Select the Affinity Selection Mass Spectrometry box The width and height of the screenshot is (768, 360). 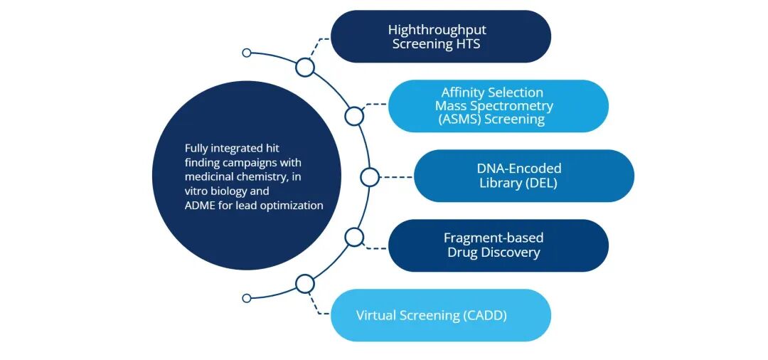(x=498, y=106)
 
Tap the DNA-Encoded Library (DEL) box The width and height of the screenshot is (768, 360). (x=523, y=176)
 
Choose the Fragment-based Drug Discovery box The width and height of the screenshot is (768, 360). (x=498, y=245)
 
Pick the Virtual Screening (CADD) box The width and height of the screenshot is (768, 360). (x=441, y=315)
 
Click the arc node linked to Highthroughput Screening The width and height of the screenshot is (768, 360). (x=305, y=68)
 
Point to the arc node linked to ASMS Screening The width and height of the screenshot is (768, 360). (x=354, y=116)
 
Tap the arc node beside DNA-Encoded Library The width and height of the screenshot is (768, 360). (x=370, y=177)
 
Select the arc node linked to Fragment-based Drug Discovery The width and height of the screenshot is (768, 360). (x=354, y=237)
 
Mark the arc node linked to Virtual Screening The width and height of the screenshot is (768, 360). (x=305, y=284)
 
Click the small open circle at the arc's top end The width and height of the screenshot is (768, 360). (x=247, y=53)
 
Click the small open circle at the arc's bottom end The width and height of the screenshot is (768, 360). (x=247, y=298)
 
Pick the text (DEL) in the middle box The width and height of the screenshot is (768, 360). (x=543, y=183)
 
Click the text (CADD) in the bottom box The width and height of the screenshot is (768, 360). (x=485, y=315)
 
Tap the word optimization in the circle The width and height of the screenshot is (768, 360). (x=291, y=206)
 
